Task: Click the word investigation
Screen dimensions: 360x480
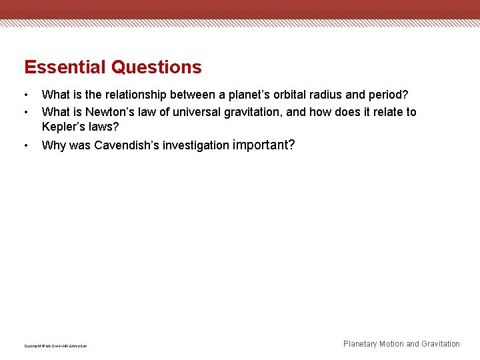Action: pos(196,145)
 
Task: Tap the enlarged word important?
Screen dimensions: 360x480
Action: pos(263,145)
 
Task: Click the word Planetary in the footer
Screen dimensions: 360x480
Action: pos(359,344)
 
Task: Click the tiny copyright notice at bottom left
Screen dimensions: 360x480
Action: pos(55,346)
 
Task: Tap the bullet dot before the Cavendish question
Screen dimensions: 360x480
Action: pos(26,145)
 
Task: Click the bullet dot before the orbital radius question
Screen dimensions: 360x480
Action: pos(26,95)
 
